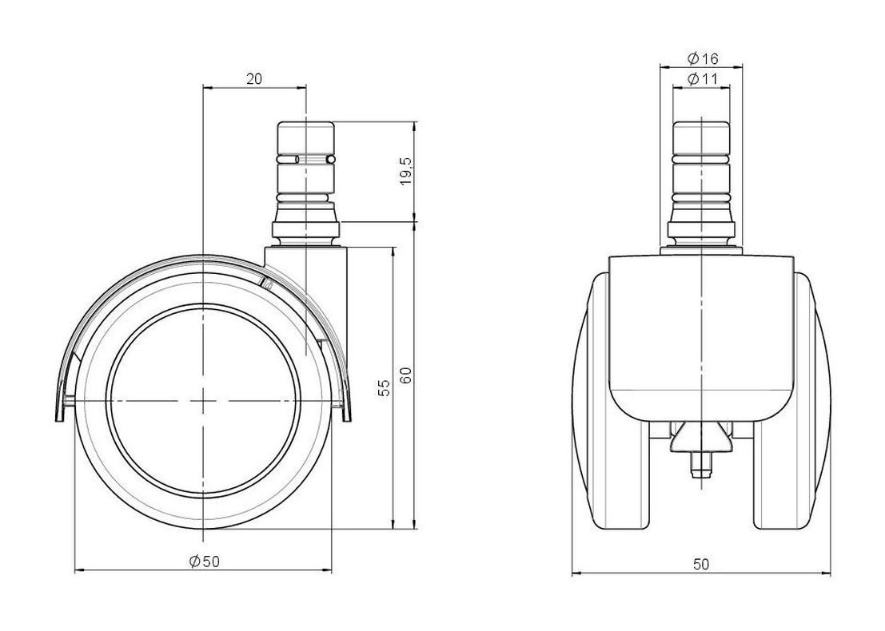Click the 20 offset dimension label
254,79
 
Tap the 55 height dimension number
384,387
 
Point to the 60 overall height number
406,375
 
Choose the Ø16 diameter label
702,58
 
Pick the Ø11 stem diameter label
702,79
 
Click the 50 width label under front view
701,563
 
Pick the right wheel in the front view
793,400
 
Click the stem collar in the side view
306,229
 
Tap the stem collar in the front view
702,229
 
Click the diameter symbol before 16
693,58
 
